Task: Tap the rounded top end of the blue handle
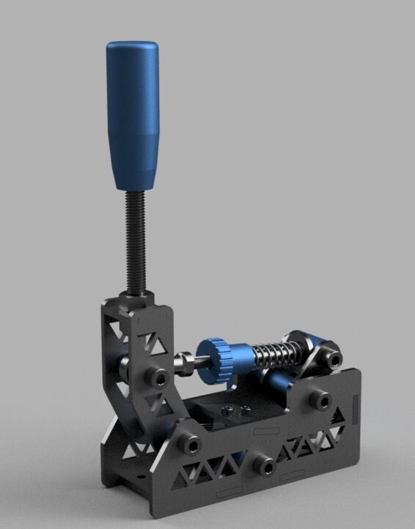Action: (133, 48)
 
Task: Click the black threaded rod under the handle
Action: (136, 242)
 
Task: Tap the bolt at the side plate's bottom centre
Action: (265, 465)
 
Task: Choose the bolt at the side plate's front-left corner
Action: (191, 444)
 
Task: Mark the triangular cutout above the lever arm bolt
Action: (157, 342)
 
